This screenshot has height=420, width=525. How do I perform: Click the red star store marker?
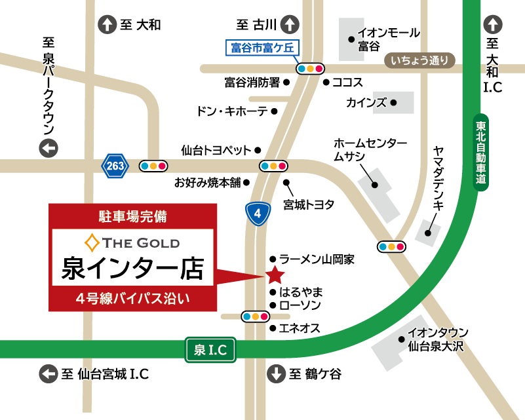273,275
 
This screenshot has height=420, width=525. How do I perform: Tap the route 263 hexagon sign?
115,166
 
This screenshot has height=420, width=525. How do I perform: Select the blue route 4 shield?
258,213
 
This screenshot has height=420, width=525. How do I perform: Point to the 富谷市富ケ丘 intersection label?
261,48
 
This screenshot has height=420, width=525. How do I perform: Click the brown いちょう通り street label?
419,61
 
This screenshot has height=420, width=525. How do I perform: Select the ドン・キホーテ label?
231,111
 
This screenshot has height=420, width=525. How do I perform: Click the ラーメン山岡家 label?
317,259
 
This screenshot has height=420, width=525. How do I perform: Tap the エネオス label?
300,328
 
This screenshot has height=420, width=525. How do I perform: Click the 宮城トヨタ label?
309,204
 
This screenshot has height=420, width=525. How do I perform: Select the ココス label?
347,83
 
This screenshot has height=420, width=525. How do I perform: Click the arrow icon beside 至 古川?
290,26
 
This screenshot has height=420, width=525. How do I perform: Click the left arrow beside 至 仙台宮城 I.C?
49,374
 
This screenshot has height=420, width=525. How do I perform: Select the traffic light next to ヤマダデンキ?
391,246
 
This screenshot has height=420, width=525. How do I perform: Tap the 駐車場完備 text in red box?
132,215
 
